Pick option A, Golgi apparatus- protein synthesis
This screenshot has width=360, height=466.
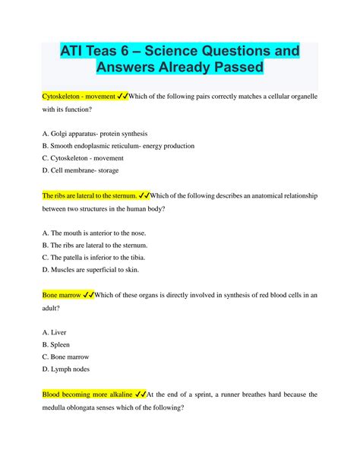[95, 133]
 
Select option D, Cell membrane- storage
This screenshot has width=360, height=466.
[81, 170]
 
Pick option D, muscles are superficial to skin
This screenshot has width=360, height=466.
[91, 269]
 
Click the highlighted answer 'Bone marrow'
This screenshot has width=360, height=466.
[58, 294]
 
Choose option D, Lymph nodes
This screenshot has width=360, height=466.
[69, 369]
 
